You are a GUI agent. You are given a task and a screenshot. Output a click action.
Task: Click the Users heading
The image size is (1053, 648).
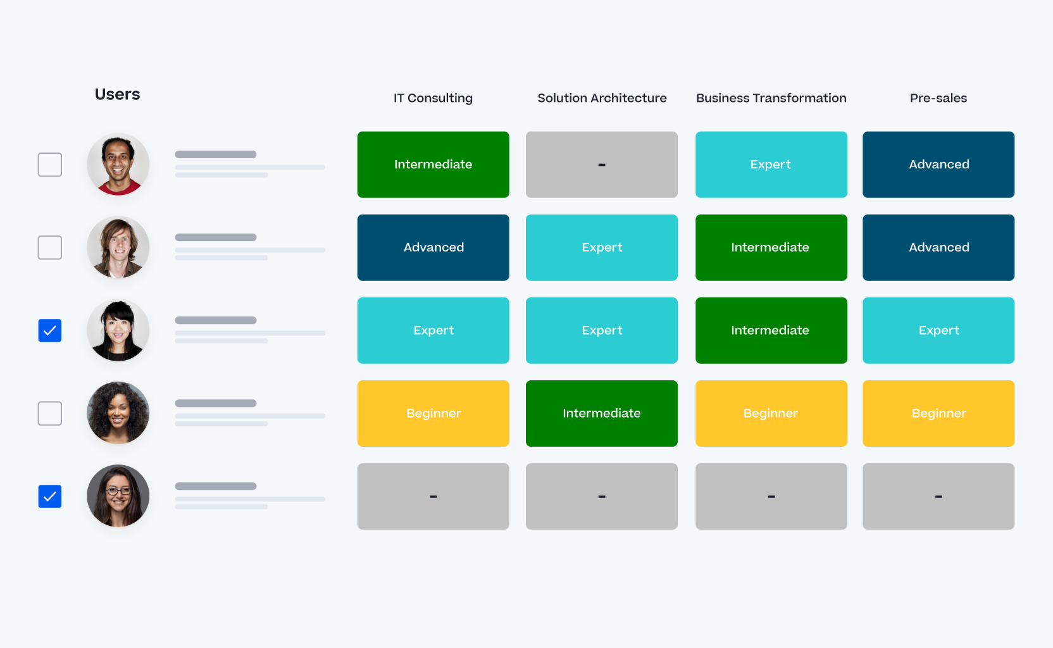pyautogui.click(x=117, y=94)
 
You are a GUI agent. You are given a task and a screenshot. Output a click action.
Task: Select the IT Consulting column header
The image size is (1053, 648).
pyautogui.click(x=433, y=98)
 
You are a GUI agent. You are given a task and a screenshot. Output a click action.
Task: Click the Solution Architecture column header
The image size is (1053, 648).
pyautogui.click(x=602, y=98)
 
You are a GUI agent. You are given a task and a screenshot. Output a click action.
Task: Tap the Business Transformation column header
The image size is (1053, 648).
pyautogui.click(x=771, y=98)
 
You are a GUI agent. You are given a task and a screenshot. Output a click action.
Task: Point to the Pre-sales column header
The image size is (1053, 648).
pyautogui.click(x=938, y=98)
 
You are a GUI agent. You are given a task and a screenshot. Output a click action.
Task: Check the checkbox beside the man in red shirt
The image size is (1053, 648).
pyautogui.click(x=50, y=165)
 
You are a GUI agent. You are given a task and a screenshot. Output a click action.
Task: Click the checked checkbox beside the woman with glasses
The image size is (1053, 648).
pyautogui.click(x=50, y=497)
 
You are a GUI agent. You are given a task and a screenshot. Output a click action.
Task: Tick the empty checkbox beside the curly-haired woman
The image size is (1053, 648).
pyautogui.click(x=50, y=413)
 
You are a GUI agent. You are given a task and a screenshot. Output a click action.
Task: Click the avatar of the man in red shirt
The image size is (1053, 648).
pyautogui.click(x=118, y=165)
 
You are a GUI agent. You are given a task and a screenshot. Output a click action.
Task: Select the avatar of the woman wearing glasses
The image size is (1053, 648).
pyautogui.click(x=118, y=496)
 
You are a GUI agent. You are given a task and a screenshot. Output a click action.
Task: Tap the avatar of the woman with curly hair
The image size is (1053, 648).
pyautogui.click(x=118, y=413)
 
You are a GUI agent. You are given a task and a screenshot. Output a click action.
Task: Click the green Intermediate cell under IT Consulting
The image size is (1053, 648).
pyautogui.click(x=433, y=165)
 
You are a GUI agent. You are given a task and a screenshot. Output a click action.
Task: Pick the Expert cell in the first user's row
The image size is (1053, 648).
pyautogui.click(x=771, y=165)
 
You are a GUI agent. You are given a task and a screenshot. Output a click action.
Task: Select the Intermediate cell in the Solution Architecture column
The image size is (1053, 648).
pyautogui.click(x=601, y=413)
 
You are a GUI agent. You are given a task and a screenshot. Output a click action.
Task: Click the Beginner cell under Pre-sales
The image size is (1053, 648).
pyautogui.click(x=938, y=413)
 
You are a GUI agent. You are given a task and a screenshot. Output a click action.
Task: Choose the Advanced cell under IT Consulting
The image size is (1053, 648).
pyautogui.click(x=433, y=247)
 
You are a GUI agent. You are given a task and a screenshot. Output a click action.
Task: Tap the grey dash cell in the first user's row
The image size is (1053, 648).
pyautogui.click(x=601, y=165)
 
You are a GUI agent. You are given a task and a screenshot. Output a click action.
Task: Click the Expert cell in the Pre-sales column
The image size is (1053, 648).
pyautogui.click(x=938, y=330)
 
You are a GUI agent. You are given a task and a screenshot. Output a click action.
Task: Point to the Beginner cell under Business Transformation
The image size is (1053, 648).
pyautogui.click(x=771, y=413)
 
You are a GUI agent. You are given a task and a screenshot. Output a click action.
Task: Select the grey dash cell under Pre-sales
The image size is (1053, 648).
pyautogui.click(x=938, y=496)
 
